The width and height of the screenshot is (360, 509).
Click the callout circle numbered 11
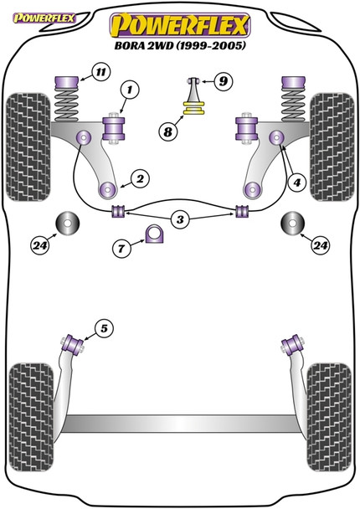coord(101,72)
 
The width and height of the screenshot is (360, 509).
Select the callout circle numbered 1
coord(130,90)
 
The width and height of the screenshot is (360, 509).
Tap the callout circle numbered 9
coord(224,81)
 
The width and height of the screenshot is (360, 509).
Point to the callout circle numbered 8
coord(167,131)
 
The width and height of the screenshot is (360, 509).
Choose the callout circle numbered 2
coord(141,179)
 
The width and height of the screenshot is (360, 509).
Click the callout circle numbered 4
coord(296,183)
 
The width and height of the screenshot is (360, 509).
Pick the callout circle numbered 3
coord(180,220)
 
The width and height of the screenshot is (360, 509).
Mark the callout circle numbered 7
coord(121,249)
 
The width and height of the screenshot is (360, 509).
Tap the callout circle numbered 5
coord(104,329)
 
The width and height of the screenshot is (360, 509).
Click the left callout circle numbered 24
coord(40,246)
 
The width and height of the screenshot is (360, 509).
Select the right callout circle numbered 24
coord(320,245)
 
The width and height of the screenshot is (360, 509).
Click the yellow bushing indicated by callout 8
coord(194,108)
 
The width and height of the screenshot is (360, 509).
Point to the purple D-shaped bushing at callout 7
coord(155,234)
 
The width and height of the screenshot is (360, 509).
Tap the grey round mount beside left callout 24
coord(68,223)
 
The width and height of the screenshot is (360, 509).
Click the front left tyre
coord(28,147)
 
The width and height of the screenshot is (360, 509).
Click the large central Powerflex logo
coord(180,26)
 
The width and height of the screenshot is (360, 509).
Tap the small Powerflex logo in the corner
coord(44,18)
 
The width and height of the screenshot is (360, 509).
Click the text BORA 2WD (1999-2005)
coord(180,45)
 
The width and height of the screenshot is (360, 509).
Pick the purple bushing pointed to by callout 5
coord(74,345)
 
